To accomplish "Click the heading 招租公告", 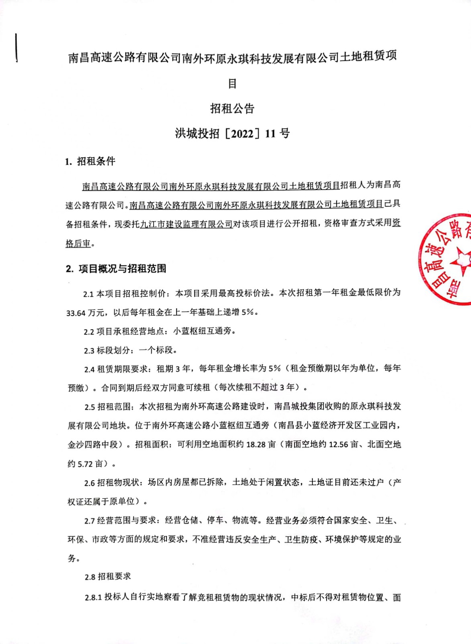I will click(232, 108).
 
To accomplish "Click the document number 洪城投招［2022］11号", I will click(232, 133).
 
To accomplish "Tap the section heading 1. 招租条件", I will click(90, 161).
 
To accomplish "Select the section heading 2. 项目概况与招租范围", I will click(116, 268).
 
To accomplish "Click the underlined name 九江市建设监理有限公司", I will click(186, 224).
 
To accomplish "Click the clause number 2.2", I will click(89, 332).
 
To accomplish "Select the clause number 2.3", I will click(89, 351).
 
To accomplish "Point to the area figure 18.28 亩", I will click(261, 444).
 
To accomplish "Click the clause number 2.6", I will click(89, 483).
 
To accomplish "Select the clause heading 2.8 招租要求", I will click(108, 577).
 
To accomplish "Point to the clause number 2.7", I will click(89, 521).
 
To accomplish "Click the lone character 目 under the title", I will click(232, 84).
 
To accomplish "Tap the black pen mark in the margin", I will click(16, 47).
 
